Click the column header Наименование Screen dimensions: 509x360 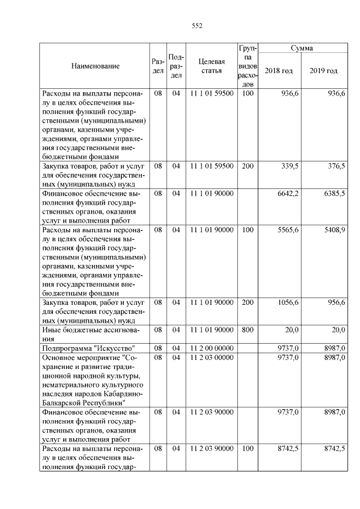pyautogui.click(x=96, y=66)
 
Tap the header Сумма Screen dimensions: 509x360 pyautogui.click(x=301, y=48)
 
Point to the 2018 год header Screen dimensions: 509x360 pyautogui.click(x=279, y=71)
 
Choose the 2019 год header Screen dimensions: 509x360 pyautogui.click(x=323, y=71)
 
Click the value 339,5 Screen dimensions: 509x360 pyautogui.click(x=289, y=166)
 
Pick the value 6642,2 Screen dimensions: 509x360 pyautogui.click(x=288, y=193)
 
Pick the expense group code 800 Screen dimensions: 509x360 pyautogui.click(x=247, y=330)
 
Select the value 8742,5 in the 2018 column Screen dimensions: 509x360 pyautogui.click(x=288, y=449)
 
